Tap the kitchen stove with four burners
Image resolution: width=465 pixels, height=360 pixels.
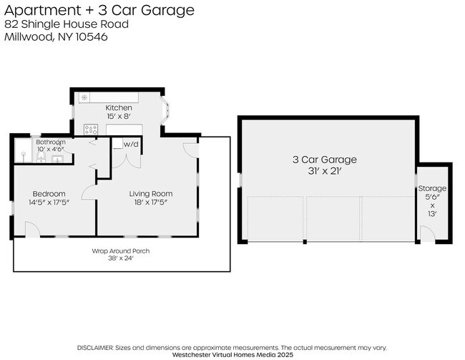click(91, 130)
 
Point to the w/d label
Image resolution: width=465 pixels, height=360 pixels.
click(131, 145)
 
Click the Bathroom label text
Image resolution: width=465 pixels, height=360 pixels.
click(51, 142)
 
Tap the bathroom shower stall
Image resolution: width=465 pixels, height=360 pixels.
click(24, 152)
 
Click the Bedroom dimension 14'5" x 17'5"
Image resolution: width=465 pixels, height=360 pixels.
click(49, 203)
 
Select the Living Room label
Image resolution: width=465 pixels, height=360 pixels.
click(150, 193)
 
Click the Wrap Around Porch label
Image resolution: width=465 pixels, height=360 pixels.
click(120, 250)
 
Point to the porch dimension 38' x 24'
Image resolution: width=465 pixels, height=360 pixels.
click(120, 258)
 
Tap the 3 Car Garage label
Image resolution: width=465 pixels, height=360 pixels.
click(324, 159)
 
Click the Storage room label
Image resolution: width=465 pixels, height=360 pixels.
click(432, 188)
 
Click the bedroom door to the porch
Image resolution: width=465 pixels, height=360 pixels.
click(33, 229)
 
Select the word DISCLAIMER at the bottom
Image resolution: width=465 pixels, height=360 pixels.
click(95, 346)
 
